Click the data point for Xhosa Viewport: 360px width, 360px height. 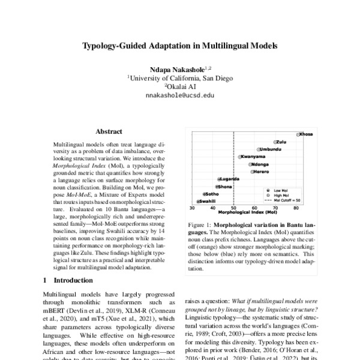298,134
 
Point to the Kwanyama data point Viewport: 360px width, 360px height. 241,157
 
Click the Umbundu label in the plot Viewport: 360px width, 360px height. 272,149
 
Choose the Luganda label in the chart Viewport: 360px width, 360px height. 230,179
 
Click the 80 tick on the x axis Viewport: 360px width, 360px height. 296,207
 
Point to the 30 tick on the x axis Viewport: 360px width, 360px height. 193,207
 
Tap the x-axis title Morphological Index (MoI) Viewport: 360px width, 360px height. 247,212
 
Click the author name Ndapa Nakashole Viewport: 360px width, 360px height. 177,70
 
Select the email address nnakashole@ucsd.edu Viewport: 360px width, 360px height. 179,95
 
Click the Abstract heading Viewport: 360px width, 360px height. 109,131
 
